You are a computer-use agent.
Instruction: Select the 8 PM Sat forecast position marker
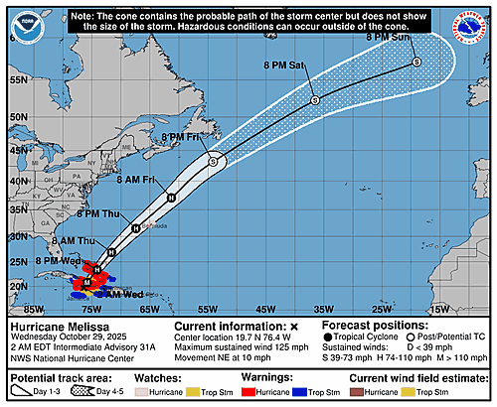pyautogui.click(x=314, y=99)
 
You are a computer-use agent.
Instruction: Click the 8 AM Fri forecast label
pyautogui.click(x=134, y=179)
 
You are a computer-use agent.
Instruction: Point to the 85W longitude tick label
pyautogui.click(x=34, y=308)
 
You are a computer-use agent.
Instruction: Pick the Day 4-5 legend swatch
pyautogui.click(x=75, y=392)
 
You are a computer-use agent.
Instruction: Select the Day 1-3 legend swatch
pyautogui.click(x=22, y=392)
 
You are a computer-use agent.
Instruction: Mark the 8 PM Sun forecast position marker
pyautogui.click(x=416, y=62)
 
